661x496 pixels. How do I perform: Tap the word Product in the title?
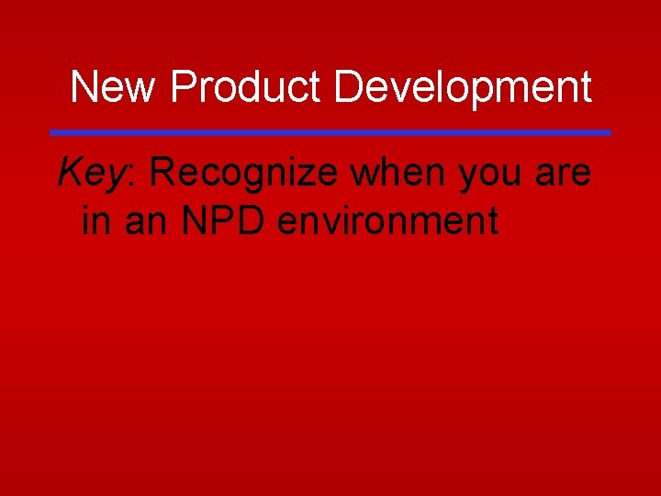pyautogui.click(x=245, y=88)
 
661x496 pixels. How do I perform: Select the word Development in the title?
pyautogui.click(x=463, y=88)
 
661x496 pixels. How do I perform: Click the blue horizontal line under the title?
pyautogui.click(x=330, y=132)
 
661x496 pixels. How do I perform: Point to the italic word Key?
pyautogui.click(x=89, y=173)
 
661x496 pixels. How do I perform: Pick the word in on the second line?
pyautogui.click(x=96, y=220)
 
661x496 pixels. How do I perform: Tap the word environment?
pyautogui.click(x=387, y=220)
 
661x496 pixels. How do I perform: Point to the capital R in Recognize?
pyautogui.click(x=163, y=172)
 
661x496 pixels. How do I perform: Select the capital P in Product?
pyautogui.click(x=182, y=88)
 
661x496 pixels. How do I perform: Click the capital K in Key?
pyautogui.click(x=70, y=172)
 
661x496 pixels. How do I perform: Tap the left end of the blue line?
pyautogui.click(x=53, y=132)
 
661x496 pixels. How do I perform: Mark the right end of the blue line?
pyautogui.click(x=608, y=132)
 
